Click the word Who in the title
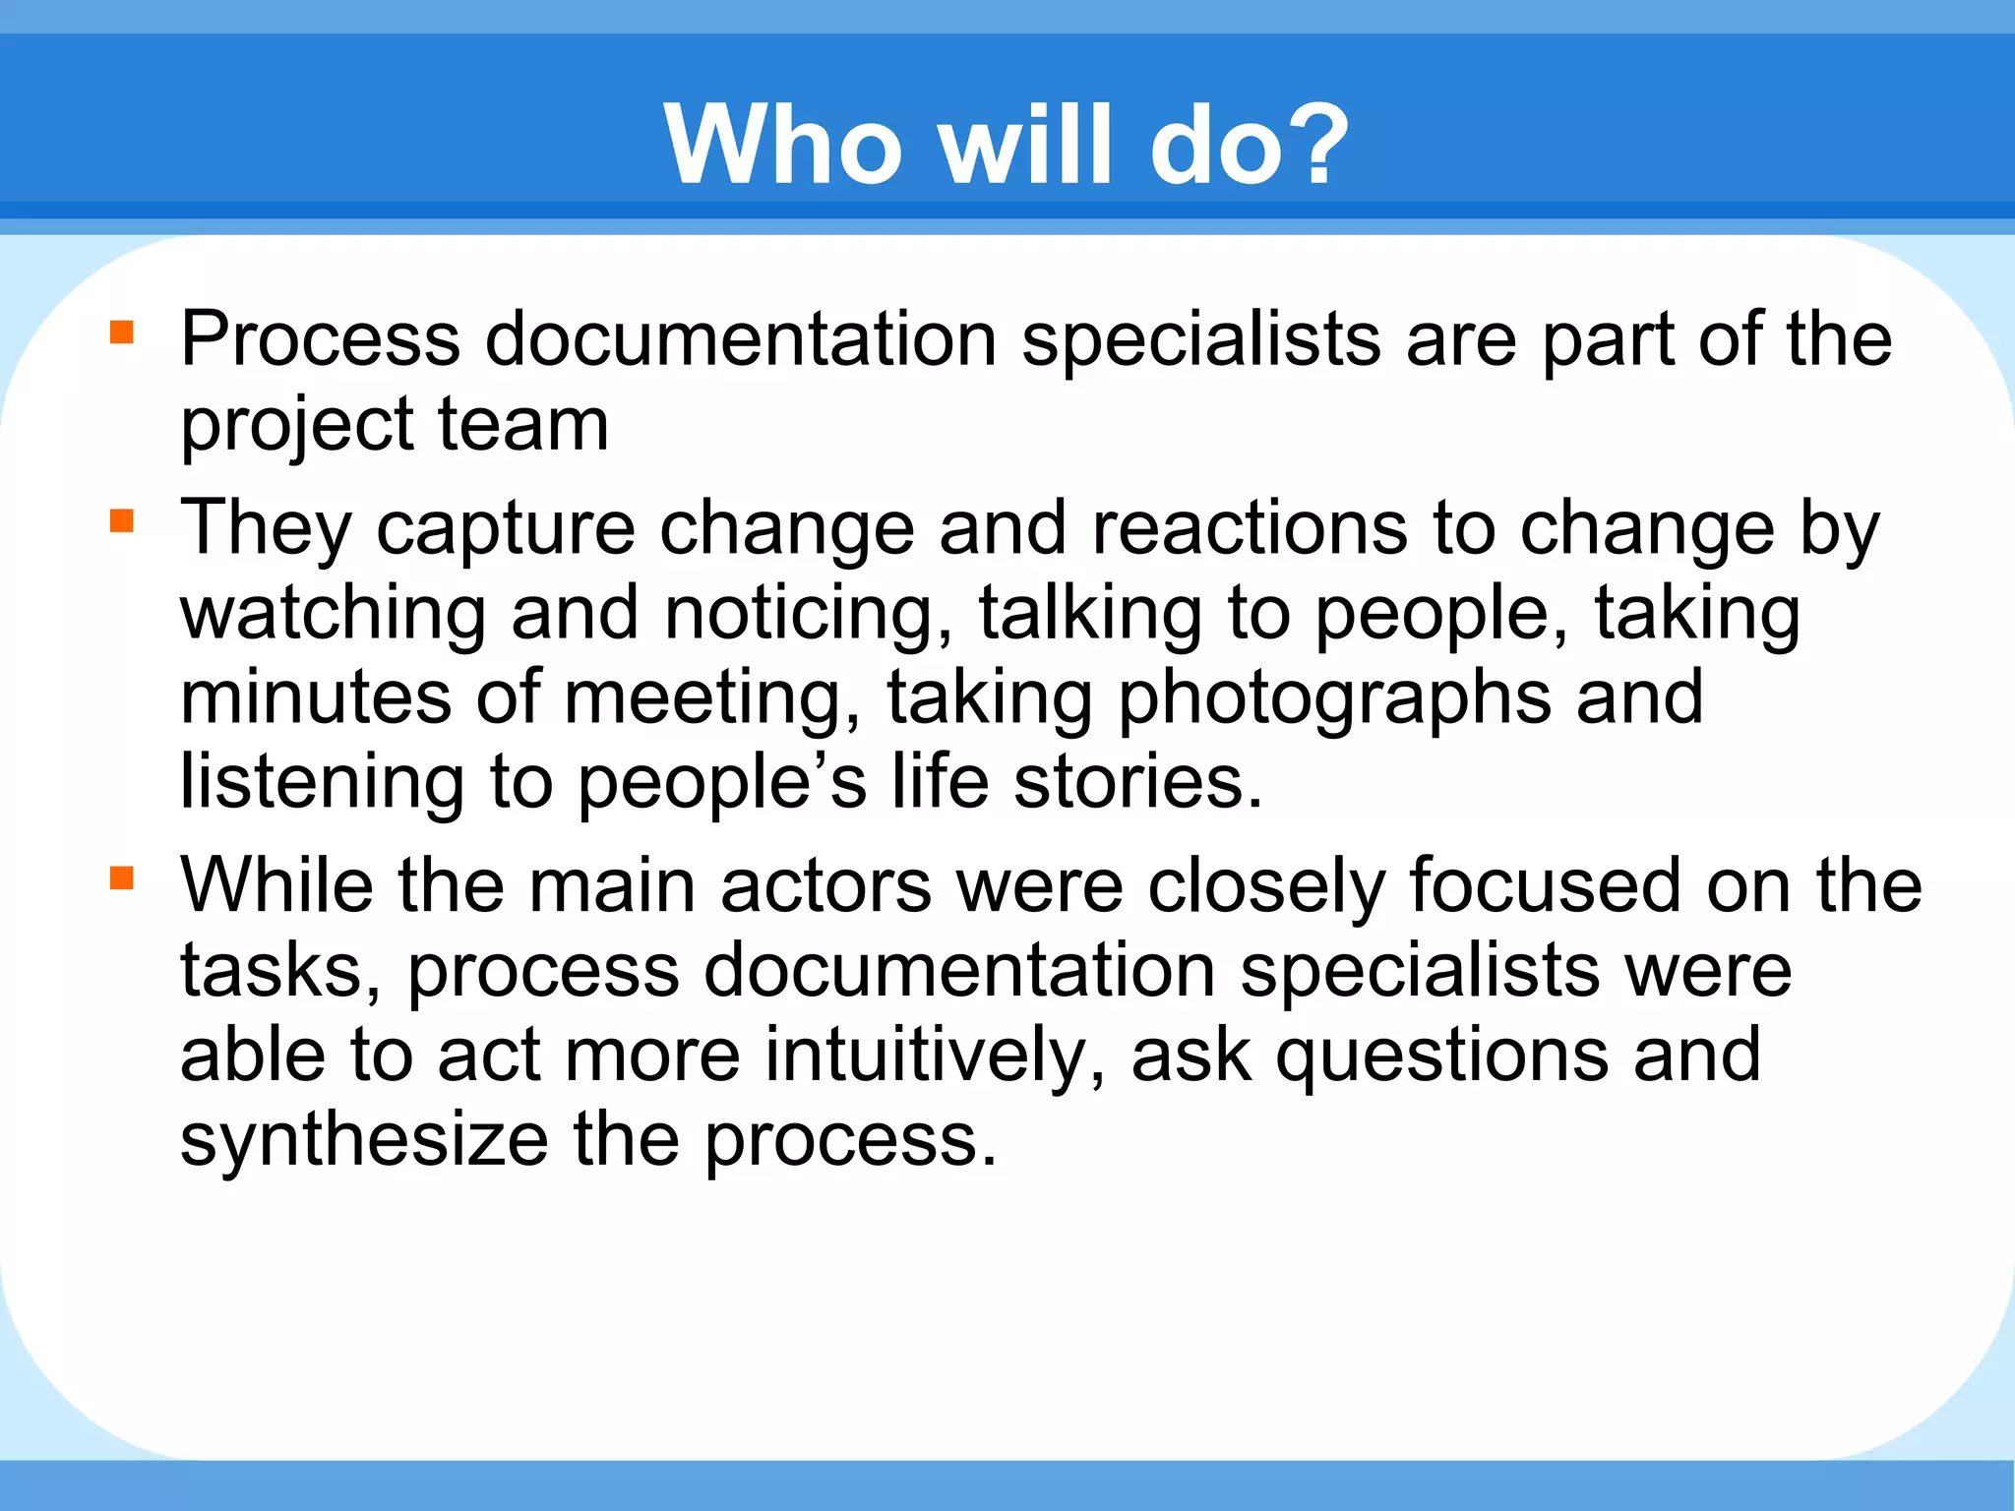coord(783,146)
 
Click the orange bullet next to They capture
coord(122,520)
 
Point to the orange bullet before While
coord(122,877)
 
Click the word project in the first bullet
coord(296,427)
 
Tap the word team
coord(522,425)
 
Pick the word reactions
coord(1250,528)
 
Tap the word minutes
coord(316,697)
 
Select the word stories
coord(1136,783)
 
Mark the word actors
coord(825,885)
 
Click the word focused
coord(1545,885)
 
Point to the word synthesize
coord(364,1141)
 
